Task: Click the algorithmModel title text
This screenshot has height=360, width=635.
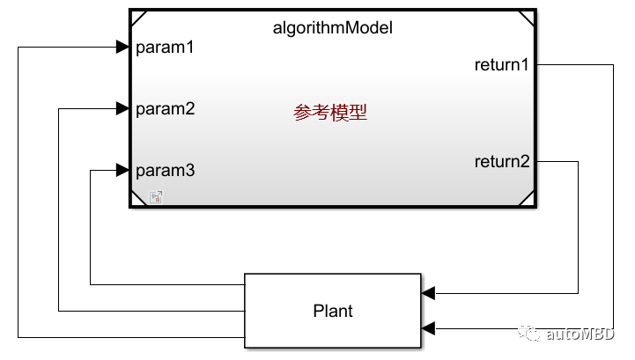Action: pyautogui.click(x=332, y=27)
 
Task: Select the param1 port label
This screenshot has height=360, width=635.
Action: pyautogui.click(x=165, y=48)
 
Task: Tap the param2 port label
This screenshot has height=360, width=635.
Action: pyautogui.click(x=165, y=109)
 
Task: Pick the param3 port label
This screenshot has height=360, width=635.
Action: pyautogui.click(x=165, y=170)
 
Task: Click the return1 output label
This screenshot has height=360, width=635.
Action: pyautogui.click(x=502, y=64)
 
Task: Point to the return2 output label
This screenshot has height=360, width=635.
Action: pyautogui.click(x=502, y=161)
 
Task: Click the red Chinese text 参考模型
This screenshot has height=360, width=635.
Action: pyautogui.click(x=330, y=113)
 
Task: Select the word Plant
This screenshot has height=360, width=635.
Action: pyautogui.click(x=333, y=311)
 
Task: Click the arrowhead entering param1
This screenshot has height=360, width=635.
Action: pyautogui.click(x=122, y=48)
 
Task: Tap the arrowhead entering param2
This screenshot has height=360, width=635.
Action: pyautogui.click(x=122, y=109)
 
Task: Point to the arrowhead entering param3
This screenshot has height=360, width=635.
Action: pyautogui.click(x=122, y=170)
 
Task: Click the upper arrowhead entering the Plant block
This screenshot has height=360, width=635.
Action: pyautogui.click(x=428, y=293)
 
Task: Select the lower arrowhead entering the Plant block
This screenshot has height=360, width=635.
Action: pyautogui.click(x=428, y=328)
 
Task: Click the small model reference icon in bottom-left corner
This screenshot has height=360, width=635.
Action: pyautogui.click(x=155, y=196)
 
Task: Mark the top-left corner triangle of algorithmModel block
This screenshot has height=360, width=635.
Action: pyautogui.click(x=137, y=17)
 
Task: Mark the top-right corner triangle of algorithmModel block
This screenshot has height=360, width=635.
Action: pyautogui.click(x=527, y=17)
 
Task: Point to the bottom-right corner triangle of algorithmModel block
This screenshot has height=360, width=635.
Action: pyautogui.click(x=527, y=199)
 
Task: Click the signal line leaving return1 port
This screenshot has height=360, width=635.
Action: pyautogui.click(x=572, y=64)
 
